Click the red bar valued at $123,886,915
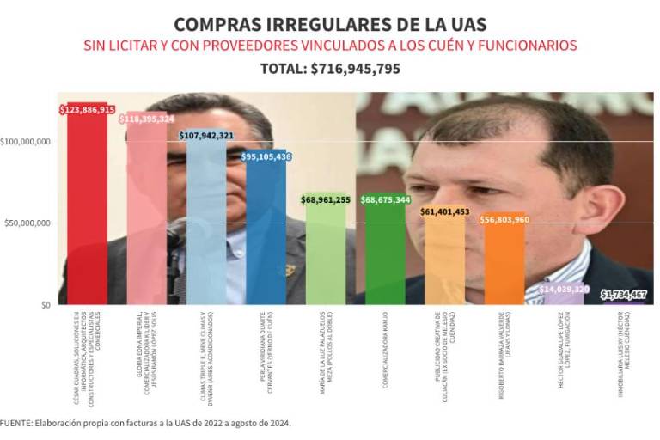tap(87, 206)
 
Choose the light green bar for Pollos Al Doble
tap(326, 249)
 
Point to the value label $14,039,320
tap(564, 290)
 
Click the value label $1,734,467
tap(623, 295)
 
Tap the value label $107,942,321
tap(206, 135)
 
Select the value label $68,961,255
tap(326, 199)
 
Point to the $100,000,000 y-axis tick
tap(26, 141)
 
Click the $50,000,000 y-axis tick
tap(27, 223)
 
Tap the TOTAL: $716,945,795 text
tap(330, 69)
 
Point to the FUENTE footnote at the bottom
tap(146, 423)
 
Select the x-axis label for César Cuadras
tap(87, 344)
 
